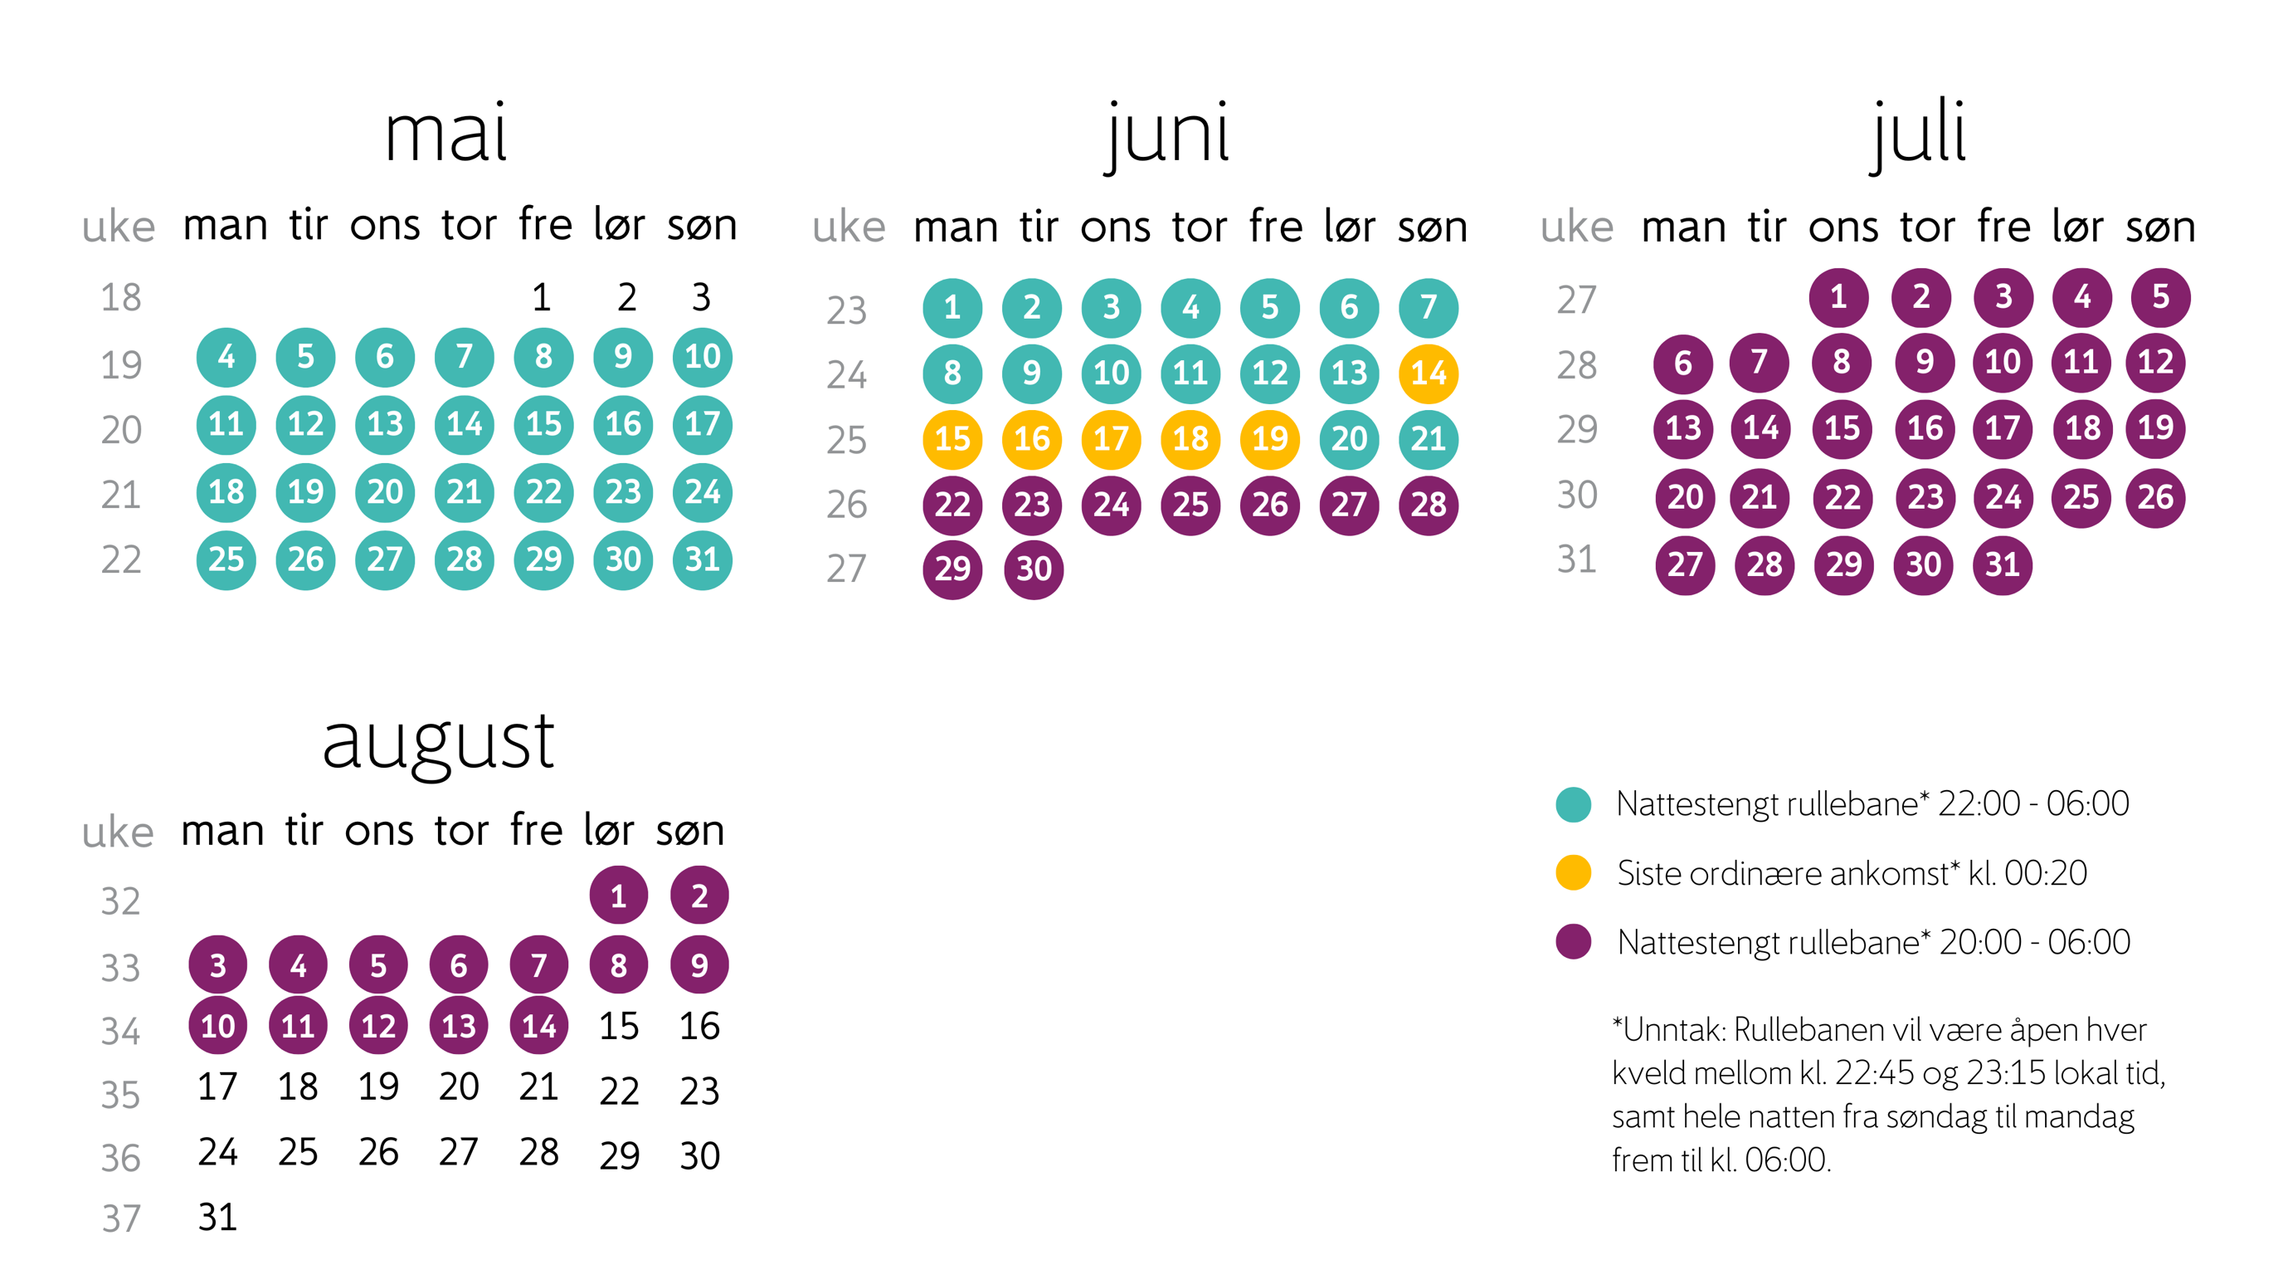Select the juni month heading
coord(1168,134)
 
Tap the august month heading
coord(438,743)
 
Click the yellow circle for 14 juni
coord(1428,373)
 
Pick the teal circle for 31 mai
coord(702,559)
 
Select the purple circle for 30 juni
coord(1033,569)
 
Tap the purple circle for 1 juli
coord(1838,297)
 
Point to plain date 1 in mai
coord(541,297)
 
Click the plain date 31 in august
coord(217,1218)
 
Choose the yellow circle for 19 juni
coord(1269,439)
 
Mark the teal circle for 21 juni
coord(1428,439)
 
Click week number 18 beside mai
coord(120,297)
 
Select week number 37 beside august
coord(120,1218)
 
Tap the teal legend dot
coord(1573,804)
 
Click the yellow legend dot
coord(1573,872)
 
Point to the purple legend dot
coord(1573,942)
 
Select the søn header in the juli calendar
coord(2160,227)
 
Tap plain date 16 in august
coord(699,1026)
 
